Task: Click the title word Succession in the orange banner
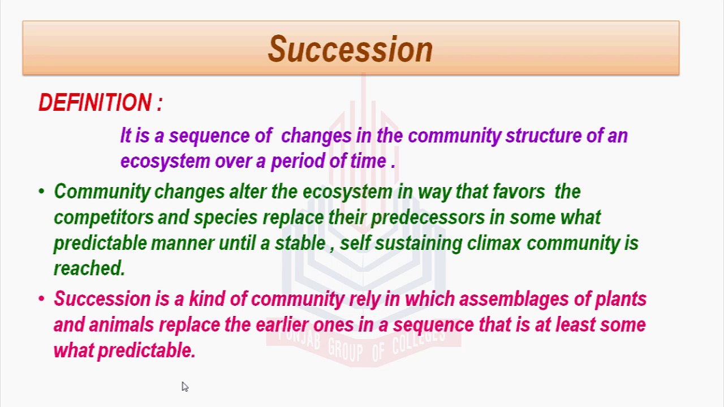point(350,49)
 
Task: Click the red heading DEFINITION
point(95,103)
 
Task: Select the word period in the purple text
point(298,161)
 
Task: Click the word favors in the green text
point(519,191)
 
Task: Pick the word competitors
point(104,218)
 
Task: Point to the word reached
point(89,268)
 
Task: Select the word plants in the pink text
point(620,299)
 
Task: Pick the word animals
point(121,324)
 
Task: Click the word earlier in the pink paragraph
point(282,324)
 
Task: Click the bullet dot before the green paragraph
point(41,191)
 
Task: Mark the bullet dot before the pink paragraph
point(41,298)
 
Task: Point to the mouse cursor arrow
point(185,387)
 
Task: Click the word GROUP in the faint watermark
point(346,349)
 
